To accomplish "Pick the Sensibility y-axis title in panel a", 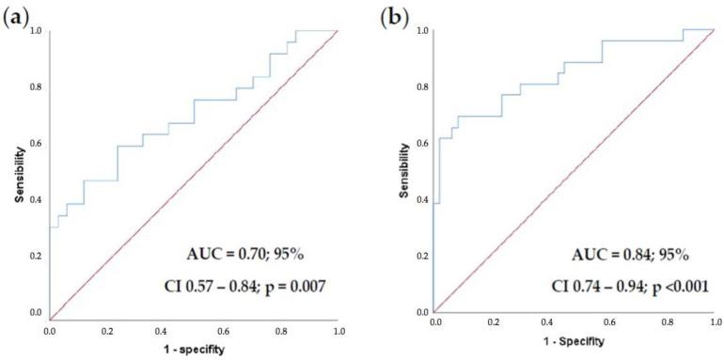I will click(16, 172).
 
